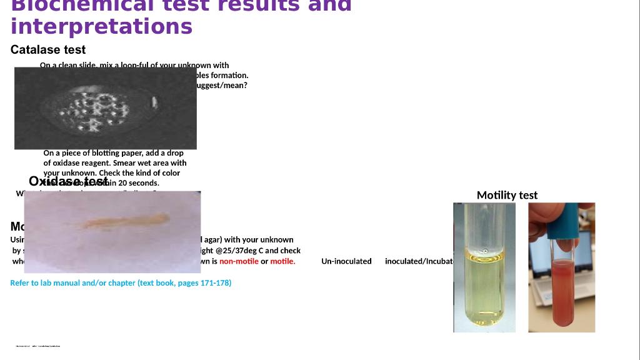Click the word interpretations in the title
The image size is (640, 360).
101,26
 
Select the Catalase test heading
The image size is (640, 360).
48,50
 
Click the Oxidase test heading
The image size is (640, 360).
68,182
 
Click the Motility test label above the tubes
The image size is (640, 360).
507,195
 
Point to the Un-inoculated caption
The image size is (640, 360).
346,261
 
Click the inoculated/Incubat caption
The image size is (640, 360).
419,261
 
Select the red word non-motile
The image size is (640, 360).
239,261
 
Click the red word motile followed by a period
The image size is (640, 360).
282,261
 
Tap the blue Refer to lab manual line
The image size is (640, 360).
121,283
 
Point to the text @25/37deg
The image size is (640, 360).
234,251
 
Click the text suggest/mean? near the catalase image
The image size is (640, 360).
222,86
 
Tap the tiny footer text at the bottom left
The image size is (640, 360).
38,346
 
